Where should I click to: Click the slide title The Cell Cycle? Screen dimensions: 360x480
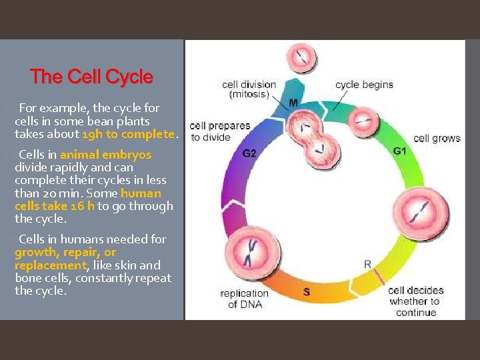point(91,77)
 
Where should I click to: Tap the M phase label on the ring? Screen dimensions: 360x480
point(293,103)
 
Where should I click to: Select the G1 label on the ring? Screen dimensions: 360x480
point(400,151)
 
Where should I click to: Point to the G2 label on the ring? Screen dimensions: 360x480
point(249,153)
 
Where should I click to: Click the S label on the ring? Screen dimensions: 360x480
point(307,291)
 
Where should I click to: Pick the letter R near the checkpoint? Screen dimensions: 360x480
point(367,264)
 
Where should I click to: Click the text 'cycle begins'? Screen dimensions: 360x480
point(364,85)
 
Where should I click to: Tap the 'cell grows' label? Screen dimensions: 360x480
point(437,139)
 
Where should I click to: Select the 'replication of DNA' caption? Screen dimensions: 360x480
point(244,299)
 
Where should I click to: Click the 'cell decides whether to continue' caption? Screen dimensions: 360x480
point(415,301)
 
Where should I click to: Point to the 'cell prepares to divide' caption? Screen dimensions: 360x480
point(219,131)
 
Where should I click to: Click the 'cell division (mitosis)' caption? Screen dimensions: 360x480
point(249,89)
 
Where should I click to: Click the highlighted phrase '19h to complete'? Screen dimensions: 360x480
point(128,134)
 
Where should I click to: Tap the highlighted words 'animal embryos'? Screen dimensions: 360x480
point(105,155)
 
